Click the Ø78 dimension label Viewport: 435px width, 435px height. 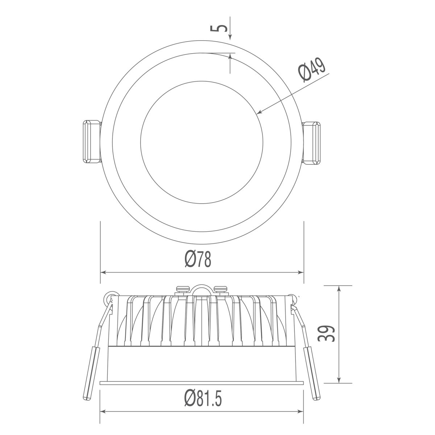198,260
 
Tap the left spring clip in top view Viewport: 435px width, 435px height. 92,141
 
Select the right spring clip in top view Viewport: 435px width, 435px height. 311,143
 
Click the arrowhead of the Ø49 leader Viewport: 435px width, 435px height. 260,112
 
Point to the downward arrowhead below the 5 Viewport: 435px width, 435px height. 230,37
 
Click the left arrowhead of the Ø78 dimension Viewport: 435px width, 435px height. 103,272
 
